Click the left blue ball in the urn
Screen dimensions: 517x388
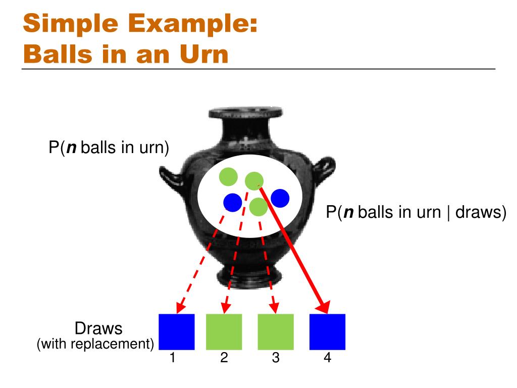[x=233, y=203]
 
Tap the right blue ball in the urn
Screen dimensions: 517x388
[x=280, y=198]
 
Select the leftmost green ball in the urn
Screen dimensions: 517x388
[x=229, y=177]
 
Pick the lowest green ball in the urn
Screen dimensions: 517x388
[x=258, y=207]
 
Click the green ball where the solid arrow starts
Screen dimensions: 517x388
[x=254, y=181]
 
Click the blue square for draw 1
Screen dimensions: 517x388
[x=177, y=332]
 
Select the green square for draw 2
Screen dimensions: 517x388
[x=224, y=332]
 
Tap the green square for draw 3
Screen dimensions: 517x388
[x=276, y=332]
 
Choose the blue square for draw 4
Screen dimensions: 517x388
[x=327, y=332]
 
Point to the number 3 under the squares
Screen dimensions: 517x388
[x=276, y=358]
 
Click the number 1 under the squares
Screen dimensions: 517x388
[x=173, y=358]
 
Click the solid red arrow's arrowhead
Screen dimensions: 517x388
[x=324, y=307]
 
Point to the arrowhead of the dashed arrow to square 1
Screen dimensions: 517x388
[x=180, y=308]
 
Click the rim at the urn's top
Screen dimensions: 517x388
[x=246, y=113]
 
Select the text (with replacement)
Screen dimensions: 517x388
[x=95, y=344]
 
